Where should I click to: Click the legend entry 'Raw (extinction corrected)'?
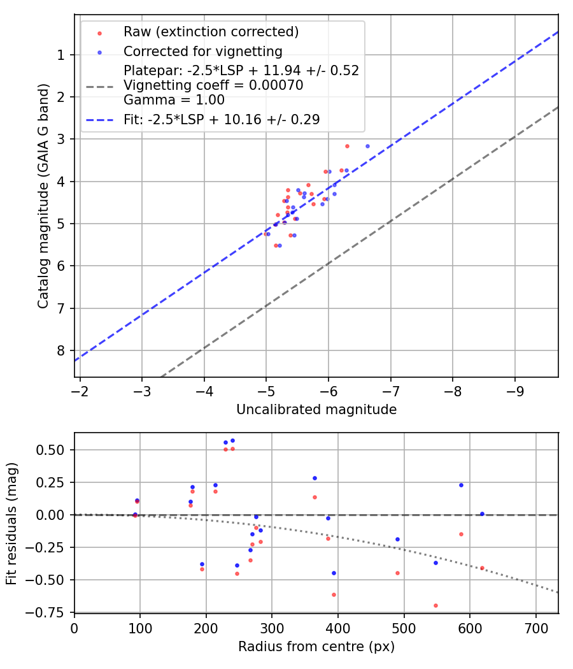[x=211, y=32]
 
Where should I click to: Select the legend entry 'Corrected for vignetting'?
[x=203, y=51]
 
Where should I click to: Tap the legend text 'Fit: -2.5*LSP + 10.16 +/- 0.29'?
[x=222, y=119]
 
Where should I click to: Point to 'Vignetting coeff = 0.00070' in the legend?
[x=213, y=85]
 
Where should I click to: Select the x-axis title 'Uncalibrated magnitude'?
[x=316, y=410]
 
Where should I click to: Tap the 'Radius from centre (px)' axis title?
[x=316, y=647]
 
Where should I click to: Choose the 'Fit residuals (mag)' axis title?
[x=11, y=524]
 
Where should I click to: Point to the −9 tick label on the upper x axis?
[x=514, y=390]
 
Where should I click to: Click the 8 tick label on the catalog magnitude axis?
[x=61, y=351]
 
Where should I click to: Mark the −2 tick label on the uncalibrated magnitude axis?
[x=80, y=390]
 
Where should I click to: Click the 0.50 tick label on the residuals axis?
[x=52, y=450]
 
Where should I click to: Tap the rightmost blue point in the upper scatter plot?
[x=367, y=146]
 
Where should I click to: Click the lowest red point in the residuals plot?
[x=435, y=605]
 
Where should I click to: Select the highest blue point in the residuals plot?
[x=232, y=440]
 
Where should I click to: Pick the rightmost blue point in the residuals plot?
[x=482, y=514]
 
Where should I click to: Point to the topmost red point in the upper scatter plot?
[x=347, y=146]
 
